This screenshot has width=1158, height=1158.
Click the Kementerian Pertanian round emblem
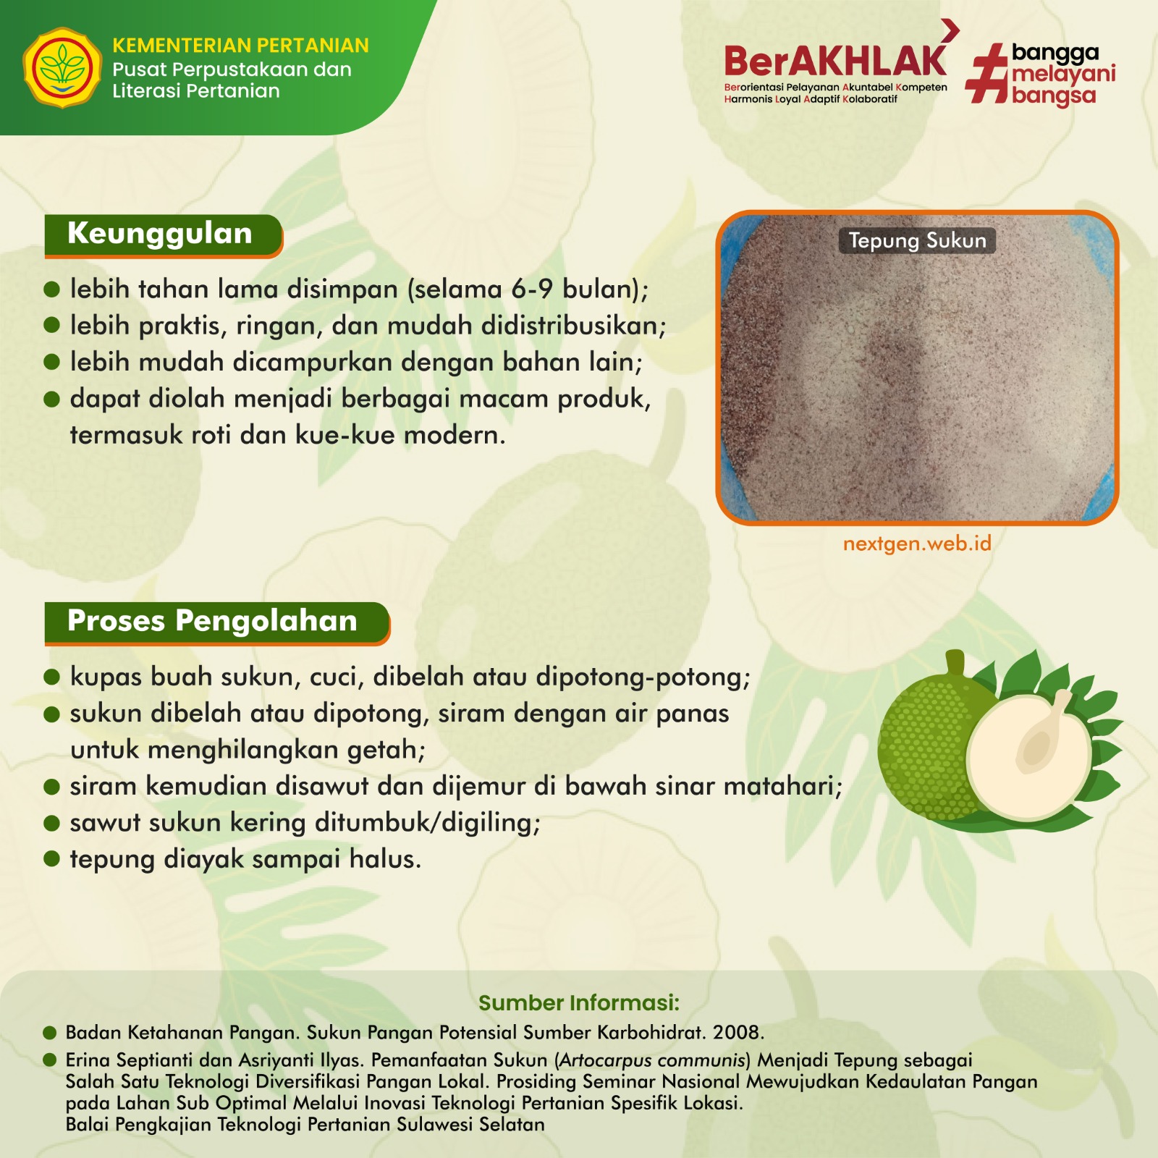click(62, 68)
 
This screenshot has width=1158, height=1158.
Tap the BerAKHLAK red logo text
click(836, 61)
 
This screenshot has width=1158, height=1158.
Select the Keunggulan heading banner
click(163, 236)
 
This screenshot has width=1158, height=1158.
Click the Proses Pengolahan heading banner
click(217, 623)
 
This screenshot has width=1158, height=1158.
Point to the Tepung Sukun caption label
click(917, 241)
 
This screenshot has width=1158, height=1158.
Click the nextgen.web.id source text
click(917, 544)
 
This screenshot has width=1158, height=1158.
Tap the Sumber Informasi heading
click(579, 1002)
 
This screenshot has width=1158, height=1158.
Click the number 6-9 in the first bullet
click(533, 289)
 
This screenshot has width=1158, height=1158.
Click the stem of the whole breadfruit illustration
click(955, 664)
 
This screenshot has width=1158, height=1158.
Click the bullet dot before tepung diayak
click(51, 859)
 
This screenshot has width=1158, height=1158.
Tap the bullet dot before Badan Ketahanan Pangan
click(50, 1032)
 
